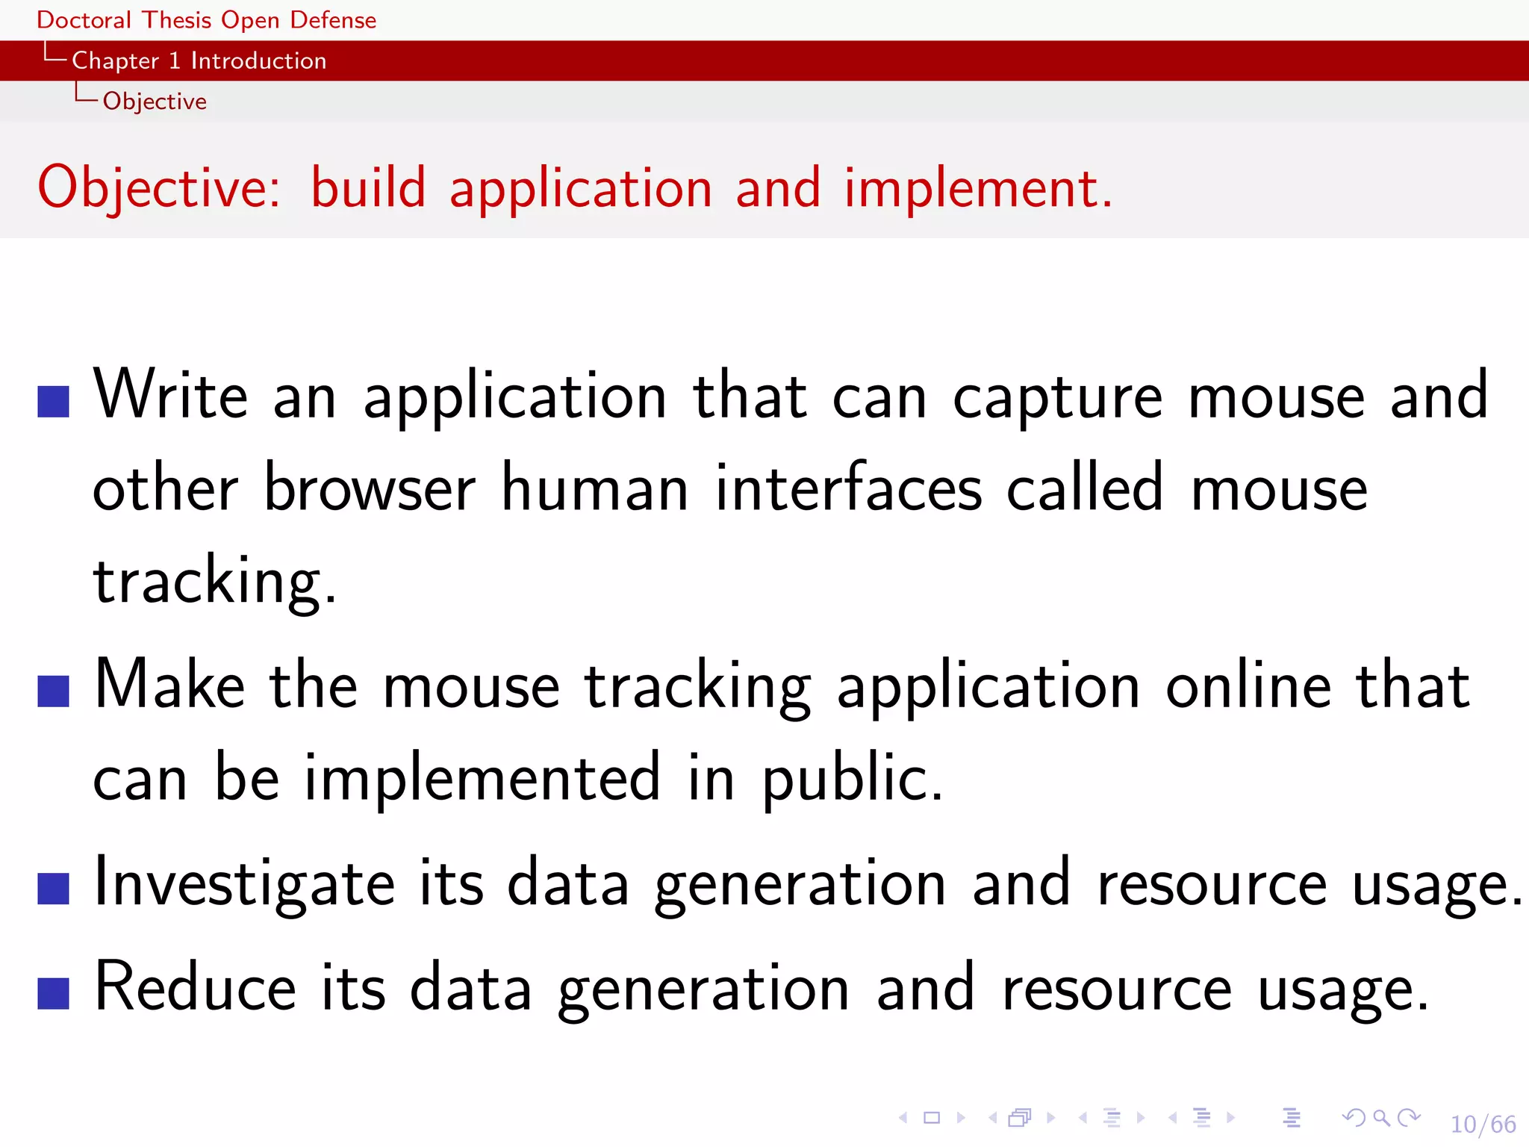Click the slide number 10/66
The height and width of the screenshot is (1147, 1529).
pyautogui.click(x=1483, y=1124)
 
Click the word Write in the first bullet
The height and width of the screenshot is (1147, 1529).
pyautogui.click(x=170, y=395)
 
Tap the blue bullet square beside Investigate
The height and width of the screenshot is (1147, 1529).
pyautogui.click(x=53, y=889)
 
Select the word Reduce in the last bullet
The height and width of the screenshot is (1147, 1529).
pyautogui.click(x=196, y=987)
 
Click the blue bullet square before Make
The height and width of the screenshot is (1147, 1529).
pyautogui.click(x=53, y=691)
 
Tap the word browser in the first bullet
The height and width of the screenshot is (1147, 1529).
pyautogui.click(x=370, y=489)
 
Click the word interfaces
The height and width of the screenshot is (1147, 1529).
pyautogui.click(x=848, y=489)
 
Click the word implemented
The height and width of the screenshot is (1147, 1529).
pyautogui.click(x=482, y=778)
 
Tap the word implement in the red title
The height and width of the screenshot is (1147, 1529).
pyautogui.click(x=970, y=188)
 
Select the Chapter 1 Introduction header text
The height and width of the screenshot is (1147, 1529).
pyautogui.click(x=199, y=60)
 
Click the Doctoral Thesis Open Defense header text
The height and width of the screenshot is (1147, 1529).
pyautogui.click(x=206, y=19)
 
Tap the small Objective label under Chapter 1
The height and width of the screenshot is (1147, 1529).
pyautogui.click(x=155, y=101)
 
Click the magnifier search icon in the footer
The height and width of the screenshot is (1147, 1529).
pyautogui.click(x=1381, y=1118)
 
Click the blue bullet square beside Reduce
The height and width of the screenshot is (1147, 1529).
pyautogui.click(x=53, y=993)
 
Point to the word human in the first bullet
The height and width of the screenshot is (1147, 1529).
pyautogui.click(x=594, y=489)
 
